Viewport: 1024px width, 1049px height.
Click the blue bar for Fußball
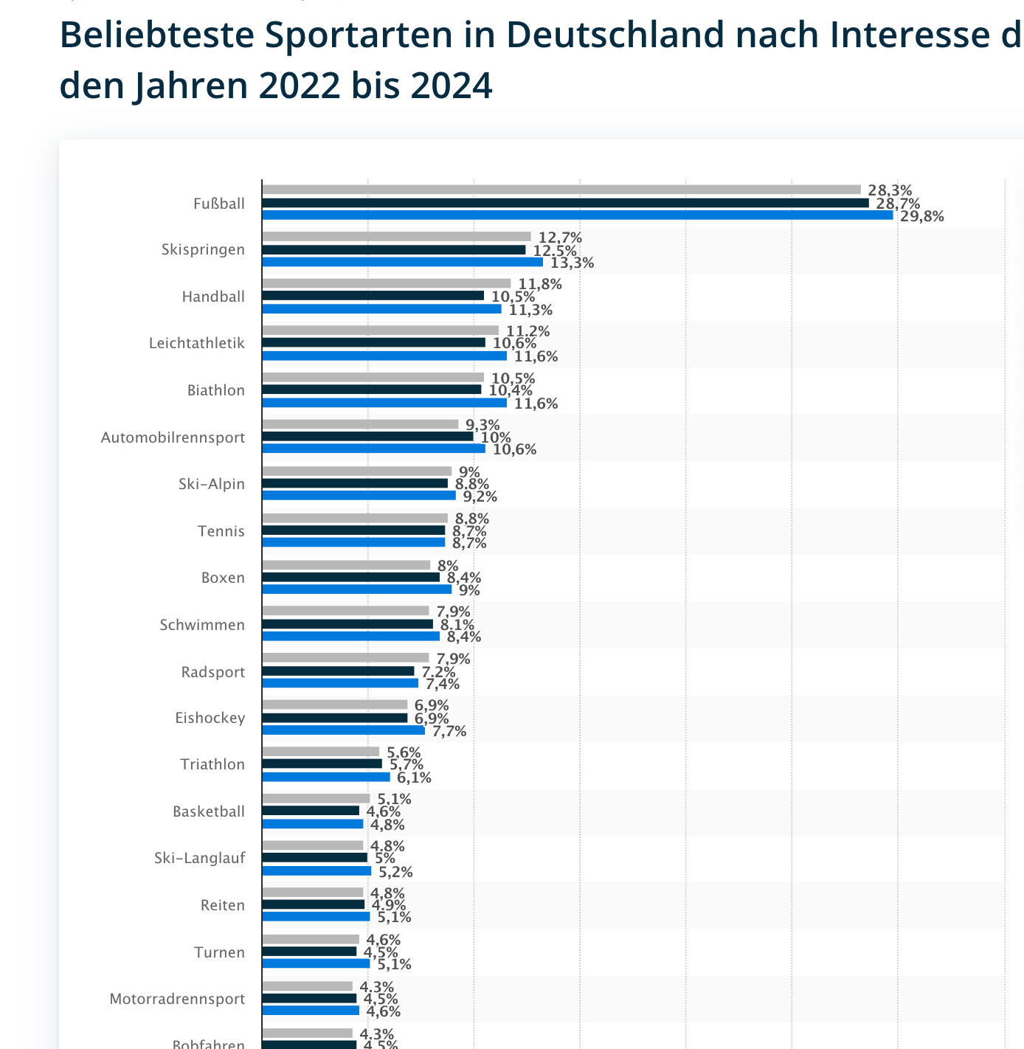point(577,215)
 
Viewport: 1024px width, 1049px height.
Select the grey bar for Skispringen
point(396,237)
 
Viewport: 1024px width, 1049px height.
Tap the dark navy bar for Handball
point(373,296)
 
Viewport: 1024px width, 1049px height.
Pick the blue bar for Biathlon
point(384,403)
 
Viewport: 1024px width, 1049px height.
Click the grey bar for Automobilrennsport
point(360,424)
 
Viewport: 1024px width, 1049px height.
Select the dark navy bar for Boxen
point(350,578)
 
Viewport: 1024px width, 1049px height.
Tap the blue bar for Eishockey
point(343,730)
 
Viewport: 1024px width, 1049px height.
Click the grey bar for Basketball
point(316,798)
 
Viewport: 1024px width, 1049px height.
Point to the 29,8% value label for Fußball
point(921,216)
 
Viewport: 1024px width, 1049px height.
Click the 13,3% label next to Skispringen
point(572,263)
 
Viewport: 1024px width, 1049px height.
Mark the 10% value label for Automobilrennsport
point(496,437)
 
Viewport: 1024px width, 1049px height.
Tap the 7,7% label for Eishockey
point(449,731)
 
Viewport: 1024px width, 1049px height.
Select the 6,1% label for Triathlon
point(414,778)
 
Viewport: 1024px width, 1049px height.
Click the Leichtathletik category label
point(197,343)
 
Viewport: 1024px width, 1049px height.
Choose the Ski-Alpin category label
point(212,484)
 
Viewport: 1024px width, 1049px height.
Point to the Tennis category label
point(221,531)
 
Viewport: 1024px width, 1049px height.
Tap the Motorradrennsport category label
point(177,999)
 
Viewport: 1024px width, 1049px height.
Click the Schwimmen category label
point(202,625)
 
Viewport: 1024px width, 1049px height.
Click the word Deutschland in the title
point(615,35)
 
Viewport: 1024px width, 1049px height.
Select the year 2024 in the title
point(451,86)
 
